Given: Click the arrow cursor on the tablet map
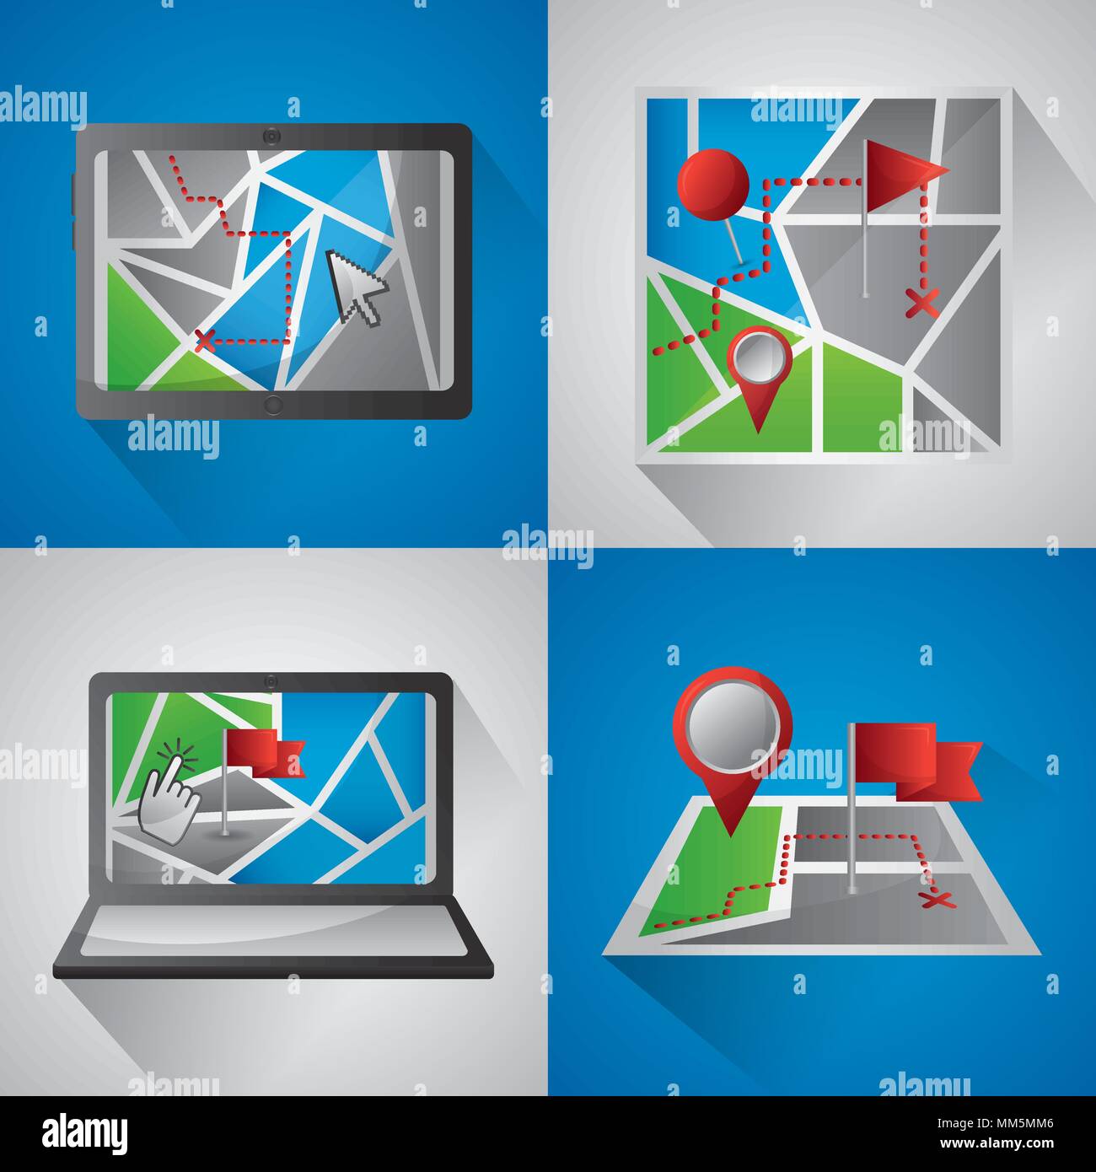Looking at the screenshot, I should (355, 286).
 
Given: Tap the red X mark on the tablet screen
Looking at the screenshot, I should (202, 341).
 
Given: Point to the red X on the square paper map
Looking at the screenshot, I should (921, 302).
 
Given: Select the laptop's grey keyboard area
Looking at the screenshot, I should (275, 931).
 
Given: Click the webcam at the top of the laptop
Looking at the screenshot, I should (271, 680).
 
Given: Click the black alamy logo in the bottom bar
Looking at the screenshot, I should (85, 1132).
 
